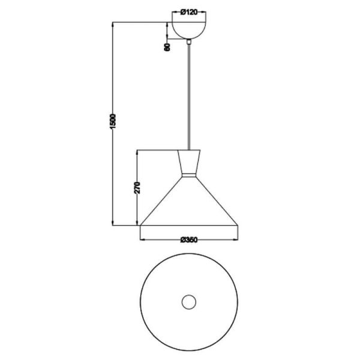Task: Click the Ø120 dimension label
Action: [189, 11]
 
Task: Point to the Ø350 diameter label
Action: [189, 241]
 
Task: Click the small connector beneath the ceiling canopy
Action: [190, 42]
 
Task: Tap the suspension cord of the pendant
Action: [190, 96]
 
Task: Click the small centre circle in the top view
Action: [190, 302]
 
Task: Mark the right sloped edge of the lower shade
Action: [217, 200]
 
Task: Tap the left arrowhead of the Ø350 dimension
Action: [142, 241]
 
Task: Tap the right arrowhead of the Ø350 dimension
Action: [238, 241]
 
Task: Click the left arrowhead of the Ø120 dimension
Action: [175, 11]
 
